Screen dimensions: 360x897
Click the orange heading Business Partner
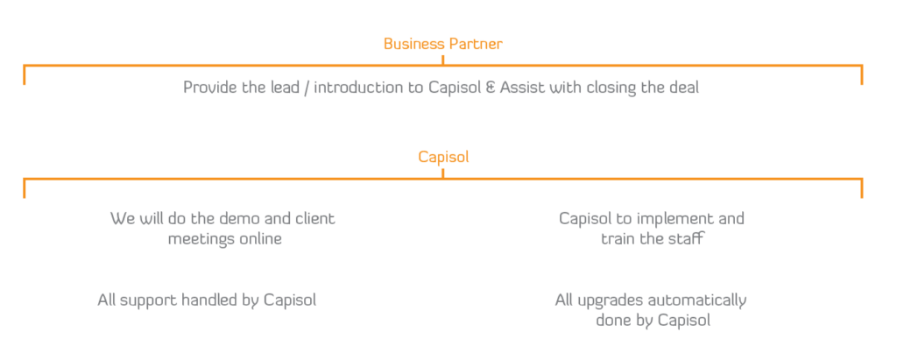[442, 43]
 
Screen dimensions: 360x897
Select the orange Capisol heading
[442, 158]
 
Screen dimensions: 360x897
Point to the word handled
[209, 300]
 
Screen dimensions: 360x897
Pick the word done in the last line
[611, 321]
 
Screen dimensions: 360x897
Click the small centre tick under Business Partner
[442, 59]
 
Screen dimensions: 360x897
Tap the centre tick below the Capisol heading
[442, 173]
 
